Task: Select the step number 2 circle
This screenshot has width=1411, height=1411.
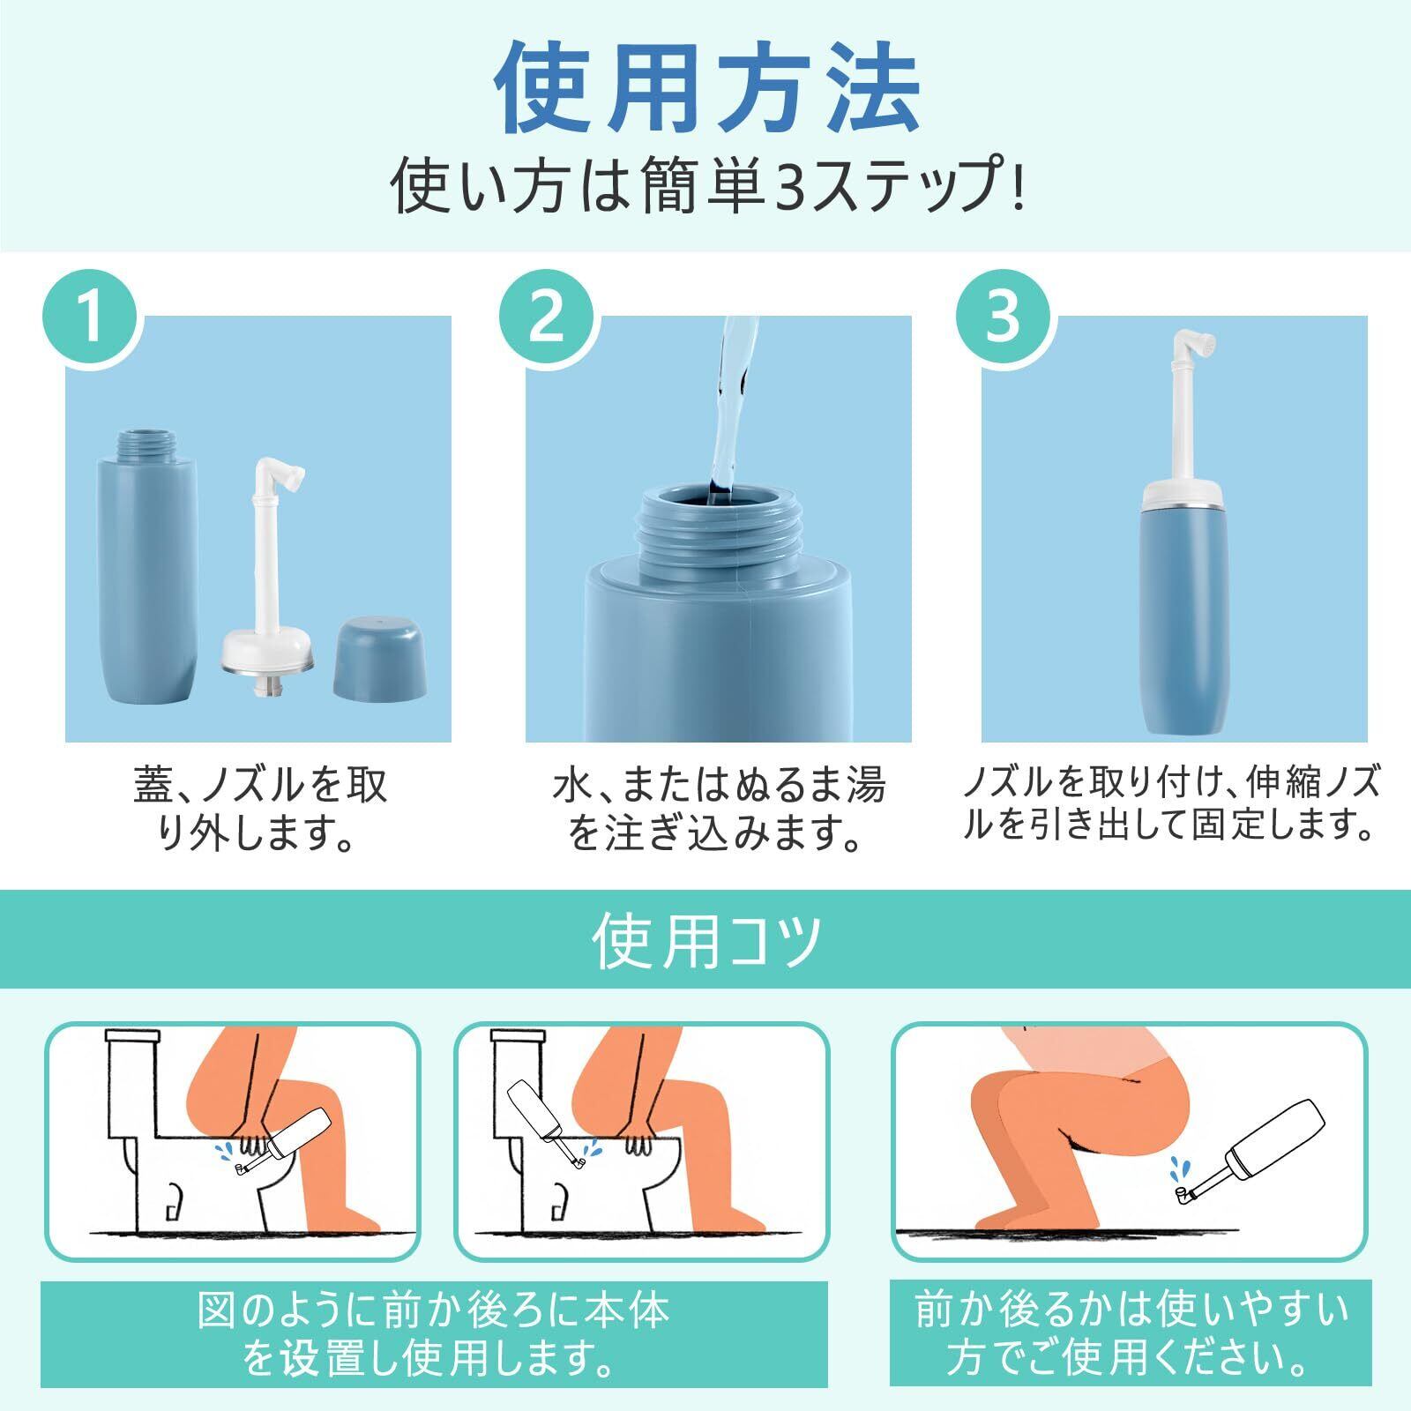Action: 548,318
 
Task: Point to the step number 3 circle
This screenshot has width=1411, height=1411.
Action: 1003,318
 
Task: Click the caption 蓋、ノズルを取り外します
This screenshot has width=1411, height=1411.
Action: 260,808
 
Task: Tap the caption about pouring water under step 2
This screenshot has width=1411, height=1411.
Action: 718,808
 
